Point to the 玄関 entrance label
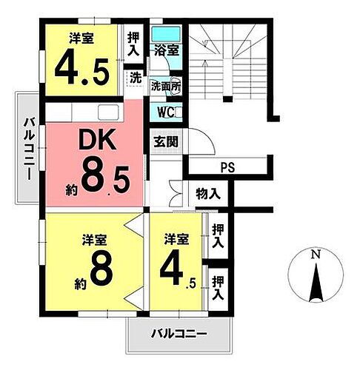click(x=164, y=141)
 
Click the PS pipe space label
click(x=226, y=167)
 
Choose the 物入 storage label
click(x=208, y=195)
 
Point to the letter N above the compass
click(x=316, y=255)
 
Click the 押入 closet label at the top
click(x=133, y=44)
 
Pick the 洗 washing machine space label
click(x=135, y=76)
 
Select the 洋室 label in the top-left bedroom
click(x=83, y=36)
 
